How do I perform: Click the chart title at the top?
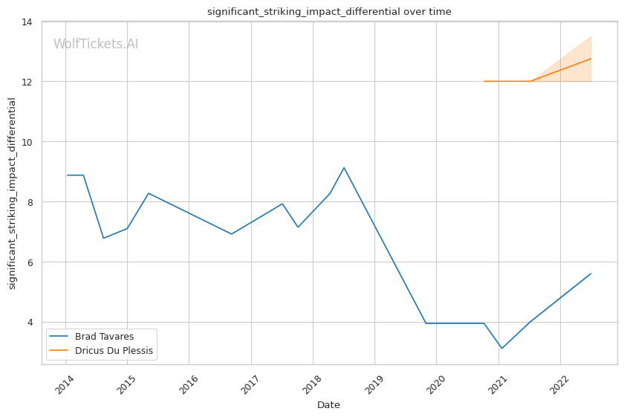tap(329, 12)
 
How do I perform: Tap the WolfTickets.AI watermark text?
tap(96, 44)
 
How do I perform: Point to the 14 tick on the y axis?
tap(27, 22)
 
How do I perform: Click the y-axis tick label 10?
tap(27, 142)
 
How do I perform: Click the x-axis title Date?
tap(328, 405)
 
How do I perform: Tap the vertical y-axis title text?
tap(12, 193)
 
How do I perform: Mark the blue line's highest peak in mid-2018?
tap(344, 168)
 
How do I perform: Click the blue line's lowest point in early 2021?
tap(501, 348)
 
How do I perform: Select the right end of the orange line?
tap(591, 59)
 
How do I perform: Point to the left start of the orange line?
tap(484, 81)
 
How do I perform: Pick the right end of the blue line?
tap(591, 274)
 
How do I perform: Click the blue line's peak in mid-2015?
tap(149, 193)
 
